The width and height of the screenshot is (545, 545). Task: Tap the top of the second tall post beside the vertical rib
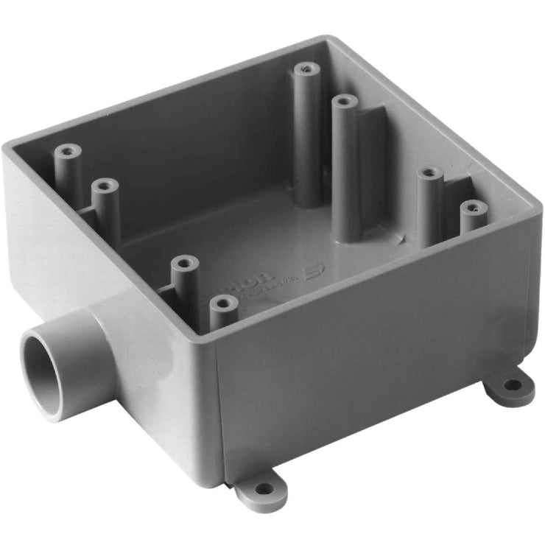point(344,101)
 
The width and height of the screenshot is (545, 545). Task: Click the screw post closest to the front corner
point(222,303)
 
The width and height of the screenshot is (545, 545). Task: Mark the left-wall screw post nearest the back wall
point(67,152)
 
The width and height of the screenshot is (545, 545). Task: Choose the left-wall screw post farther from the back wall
point(105,186)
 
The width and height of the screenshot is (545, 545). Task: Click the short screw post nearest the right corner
point(474,207)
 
